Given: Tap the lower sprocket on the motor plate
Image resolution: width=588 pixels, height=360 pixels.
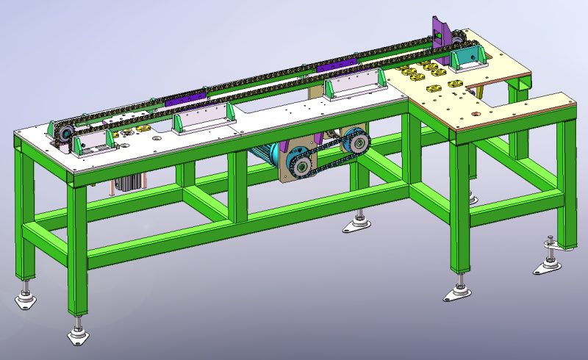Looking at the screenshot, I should [x=302, y=166].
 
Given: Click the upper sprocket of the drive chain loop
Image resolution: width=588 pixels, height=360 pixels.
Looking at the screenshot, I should [x=356, y=141].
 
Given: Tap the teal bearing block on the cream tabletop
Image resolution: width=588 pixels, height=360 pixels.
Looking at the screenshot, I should [x=467, y=58].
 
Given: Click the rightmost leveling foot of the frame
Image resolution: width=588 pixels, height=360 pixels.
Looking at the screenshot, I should [x=548, y=264].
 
